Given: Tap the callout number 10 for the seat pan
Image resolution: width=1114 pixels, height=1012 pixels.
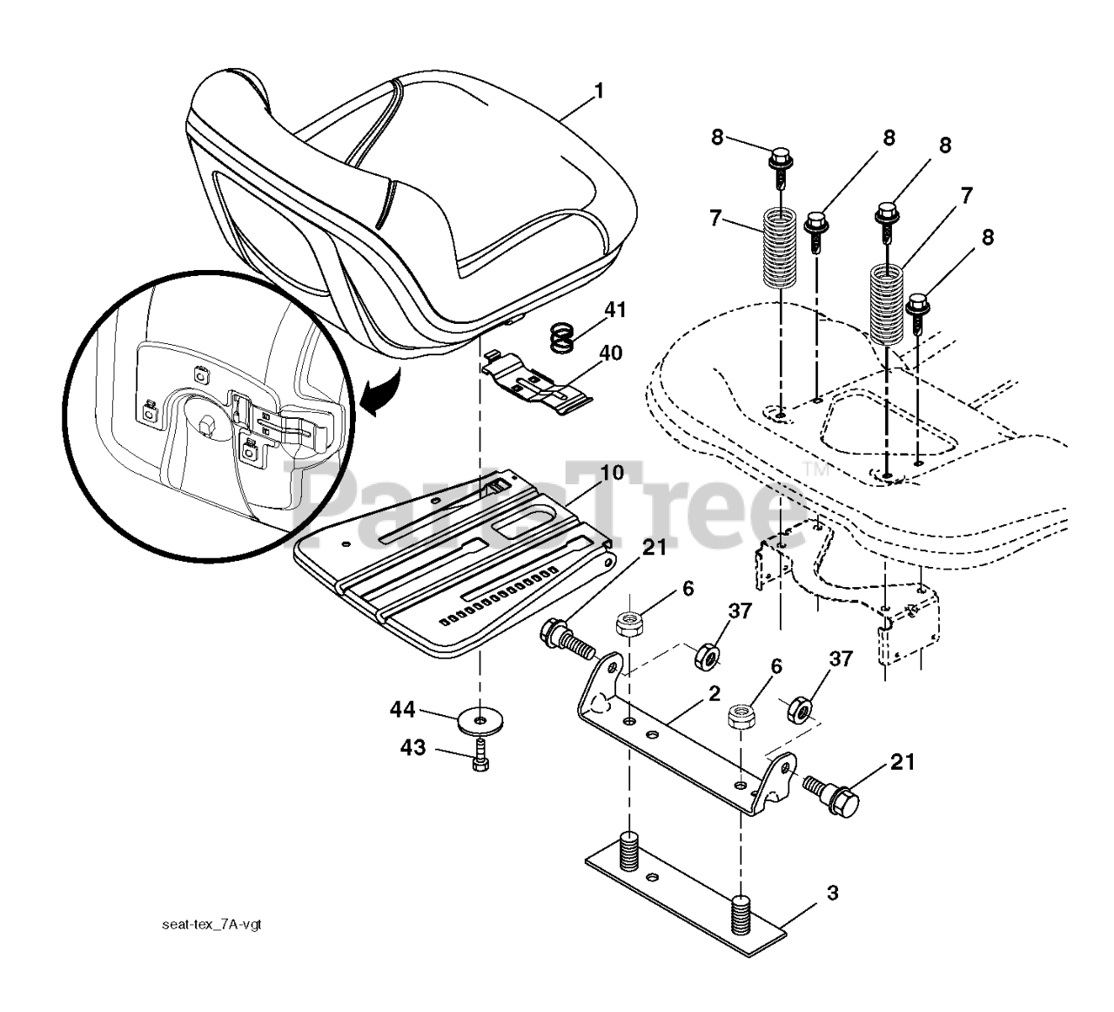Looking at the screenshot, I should point(613,476).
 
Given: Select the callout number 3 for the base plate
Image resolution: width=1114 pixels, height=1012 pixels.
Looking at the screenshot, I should point(833,893).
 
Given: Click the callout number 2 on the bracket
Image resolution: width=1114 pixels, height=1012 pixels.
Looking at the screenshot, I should point(714,693).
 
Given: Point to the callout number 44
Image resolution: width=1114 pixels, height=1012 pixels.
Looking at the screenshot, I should point(402,711).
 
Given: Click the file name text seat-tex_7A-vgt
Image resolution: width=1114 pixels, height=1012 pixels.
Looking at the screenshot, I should point(211,923).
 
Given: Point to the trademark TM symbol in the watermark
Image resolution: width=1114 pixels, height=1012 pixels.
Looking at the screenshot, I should point(815,469).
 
